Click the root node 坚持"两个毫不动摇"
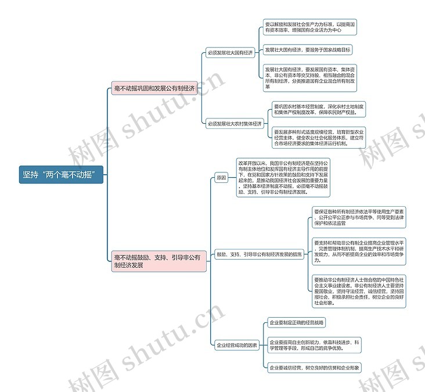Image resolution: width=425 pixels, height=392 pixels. [x=61, y=175]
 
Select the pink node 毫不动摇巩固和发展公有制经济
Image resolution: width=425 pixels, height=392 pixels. [x=154, y=88]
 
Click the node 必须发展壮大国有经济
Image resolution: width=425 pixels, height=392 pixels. [x=230, y=53]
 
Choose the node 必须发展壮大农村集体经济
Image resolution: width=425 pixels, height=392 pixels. [x=235, y=124]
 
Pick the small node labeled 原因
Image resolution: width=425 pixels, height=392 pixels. [x=221, y=178]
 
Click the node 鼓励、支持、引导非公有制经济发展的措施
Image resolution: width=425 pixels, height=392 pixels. [x=259, y=254]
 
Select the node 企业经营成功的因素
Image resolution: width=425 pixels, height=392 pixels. [x=237, y=345]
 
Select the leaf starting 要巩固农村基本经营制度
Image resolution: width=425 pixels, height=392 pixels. [x=319, y=110]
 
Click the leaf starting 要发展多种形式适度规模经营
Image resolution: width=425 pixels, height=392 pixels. [x=319, y=138]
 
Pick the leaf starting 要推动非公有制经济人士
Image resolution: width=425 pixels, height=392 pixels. [x=359, y=291]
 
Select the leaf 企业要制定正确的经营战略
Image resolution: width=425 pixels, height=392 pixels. [x=297, y=323]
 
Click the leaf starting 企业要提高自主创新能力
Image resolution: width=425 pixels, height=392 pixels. [x=315, y=345]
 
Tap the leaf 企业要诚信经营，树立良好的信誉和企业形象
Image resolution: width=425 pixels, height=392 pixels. [x=315, y=367]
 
